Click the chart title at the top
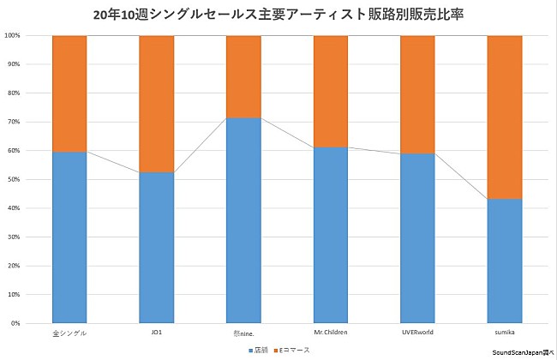278,15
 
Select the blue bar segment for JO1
156,248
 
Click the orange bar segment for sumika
504,117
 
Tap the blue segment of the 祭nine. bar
243,220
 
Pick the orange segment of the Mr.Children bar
330,92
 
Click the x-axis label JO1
156,331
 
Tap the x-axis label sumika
504,331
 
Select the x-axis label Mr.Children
330,331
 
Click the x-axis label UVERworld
417,331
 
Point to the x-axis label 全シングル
69,331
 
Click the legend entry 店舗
260,351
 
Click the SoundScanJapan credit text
523,352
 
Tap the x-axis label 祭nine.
243,331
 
